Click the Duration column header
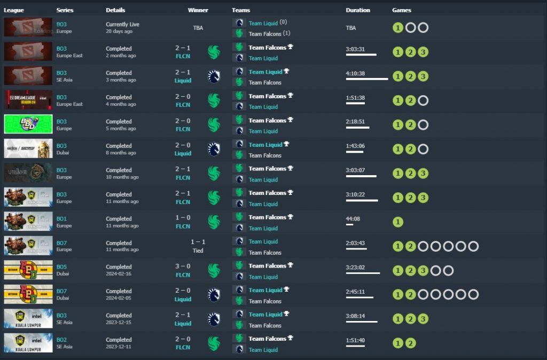[x=357, y=10]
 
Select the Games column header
[x=401, y=10]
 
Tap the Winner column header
[x=198, y=10]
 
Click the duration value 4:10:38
[x=355, y=73]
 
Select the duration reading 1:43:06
[x=355, y=146]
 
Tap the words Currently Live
[x=122, y=24]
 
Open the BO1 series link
[x=61, y=218]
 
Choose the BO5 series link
[x=61, y=267]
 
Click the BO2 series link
[x=61, y=340]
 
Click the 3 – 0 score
[x=183, y=267]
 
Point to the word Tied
[x=198, y=250]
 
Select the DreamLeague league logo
[x=28, y=99]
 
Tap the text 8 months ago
[x=121, y=153]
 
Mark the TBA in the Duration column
[x=351, y=27]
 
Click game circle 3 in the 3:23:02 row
[x=423, y=270]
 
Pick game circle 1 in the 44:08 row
[x=397, y=222]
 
